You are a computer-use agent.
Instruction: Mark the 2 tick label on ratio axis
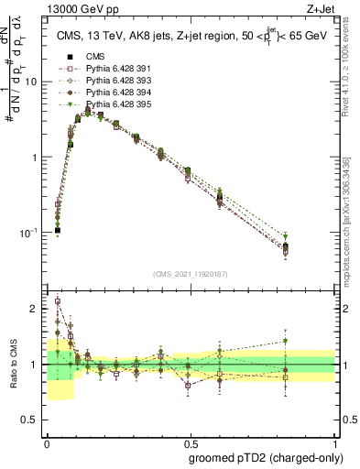[35, 309]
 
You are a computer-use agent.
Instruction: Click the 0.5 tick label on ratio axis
[31, 420]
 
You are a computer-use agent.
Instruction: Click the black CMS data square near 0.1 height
[57, 231]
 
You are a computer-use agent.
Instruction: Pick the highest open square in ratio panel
[58, 300]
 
